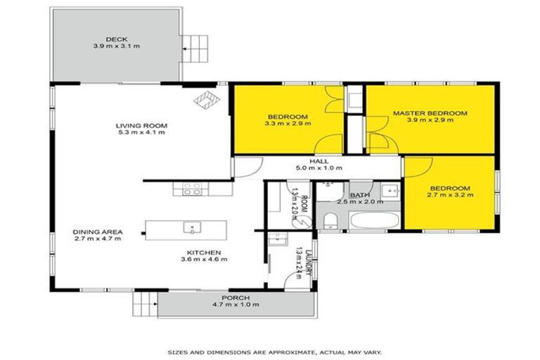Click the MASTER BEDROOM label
point(430,112)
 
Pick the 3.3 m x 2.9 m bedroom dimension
point(287,123)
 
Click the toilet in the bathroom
point(330,222)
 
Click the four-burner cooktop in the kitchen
point(193,188)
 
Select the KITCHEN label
point(204,252)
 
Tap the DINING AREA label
point(98,231)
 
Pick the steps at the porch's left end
point(144,303)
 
